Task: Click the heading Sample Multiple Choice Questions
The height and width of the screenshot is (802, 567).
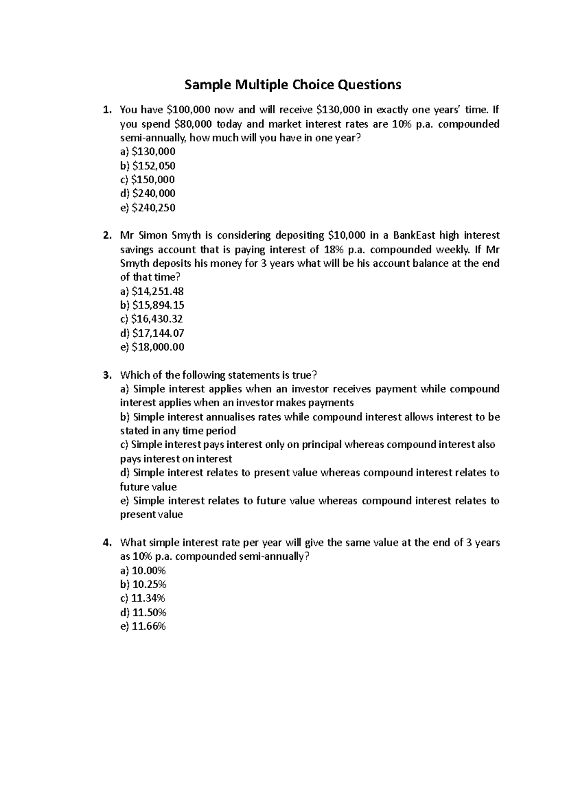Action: pos(292,85)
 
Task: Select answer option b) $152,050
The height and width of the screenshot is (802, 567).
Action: pos(148,166)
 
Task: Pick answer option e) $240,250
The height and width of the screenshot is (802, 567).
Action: pos(148,207)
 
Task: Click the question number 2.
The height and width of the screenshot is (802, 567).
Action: pos(107,236)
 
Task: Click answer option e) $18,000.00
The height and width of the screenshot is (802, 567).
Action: pos(152,347)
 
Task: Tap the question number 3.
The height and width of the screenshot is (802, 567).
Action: pos(107,375)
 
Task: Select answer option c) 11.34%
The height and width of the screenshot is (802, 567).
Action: pos(143,598)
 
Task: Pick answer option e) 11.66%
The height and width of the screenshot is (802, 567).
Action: pos(143,627)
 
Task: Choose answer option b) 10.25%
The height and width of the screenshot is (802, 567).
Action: pos(143,584)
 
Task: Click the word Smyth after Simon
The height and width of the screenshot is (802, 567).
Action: pos(186,236)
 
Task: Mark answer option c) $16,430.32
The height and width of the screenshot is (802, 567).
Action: pos(152,319)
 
